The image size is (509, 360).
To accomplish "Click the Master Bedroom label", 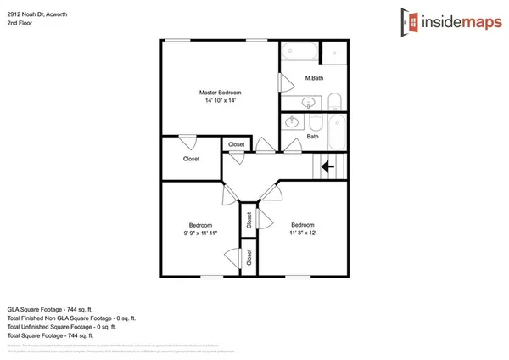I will [221, 92].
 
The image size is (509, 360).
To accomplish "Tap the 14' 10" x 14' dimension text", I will [221, 100].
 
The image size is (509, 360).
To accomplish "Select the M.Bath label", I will [315, 78].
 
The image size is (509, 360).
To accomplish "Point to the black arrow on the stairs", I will [325, 167].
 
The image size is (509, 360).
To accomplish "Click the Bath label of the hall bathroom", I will [312, 136].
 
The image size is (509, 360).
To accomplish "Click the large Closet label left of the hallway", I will [192, 159].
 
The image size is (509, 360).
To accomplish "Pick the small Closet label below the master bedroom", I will [237, 145].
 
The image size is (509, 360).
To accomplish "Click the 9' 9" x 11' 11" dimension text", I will [201, 232].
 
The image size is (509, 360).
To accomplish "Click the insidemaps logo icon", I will [412, 20].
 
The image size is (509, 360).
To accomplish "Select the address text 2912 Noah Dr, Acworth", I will [39, 10].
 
